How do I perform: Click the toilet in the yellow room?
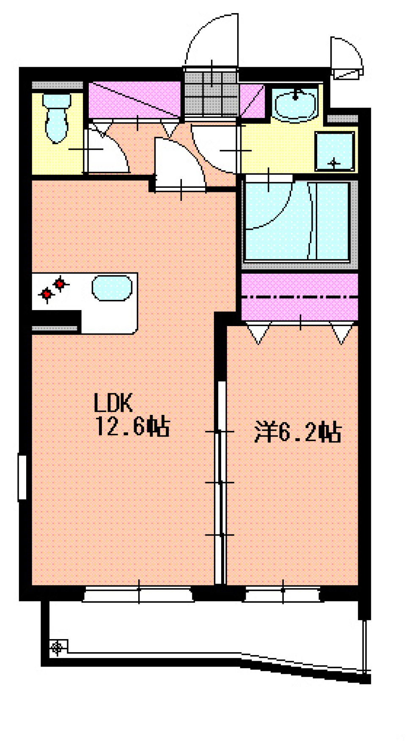click(56, 118)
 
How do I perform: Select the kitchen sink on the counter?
click(112, 288)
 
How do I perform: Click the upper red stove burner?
click(60, 283)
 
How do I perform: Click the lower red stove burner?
click(47, 294)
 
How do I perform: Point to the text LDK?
click(113, 403)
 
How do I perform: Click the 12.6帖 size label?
click(132, 426)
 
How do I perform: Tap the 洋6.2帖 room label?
click(298, 432)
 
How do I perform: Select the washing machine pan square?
click(335, 151)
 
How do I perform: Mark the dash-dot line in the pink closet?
click(299, 297)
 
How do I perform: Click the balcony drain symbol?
click(57, 647)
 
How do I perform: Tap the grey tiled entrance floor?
click(211, 93)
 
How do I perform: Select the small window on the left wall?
click(22, 477)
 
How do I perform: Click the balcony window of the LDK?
click(138, 595)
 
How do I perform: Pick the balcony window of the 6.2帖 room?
click(282, 595)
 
